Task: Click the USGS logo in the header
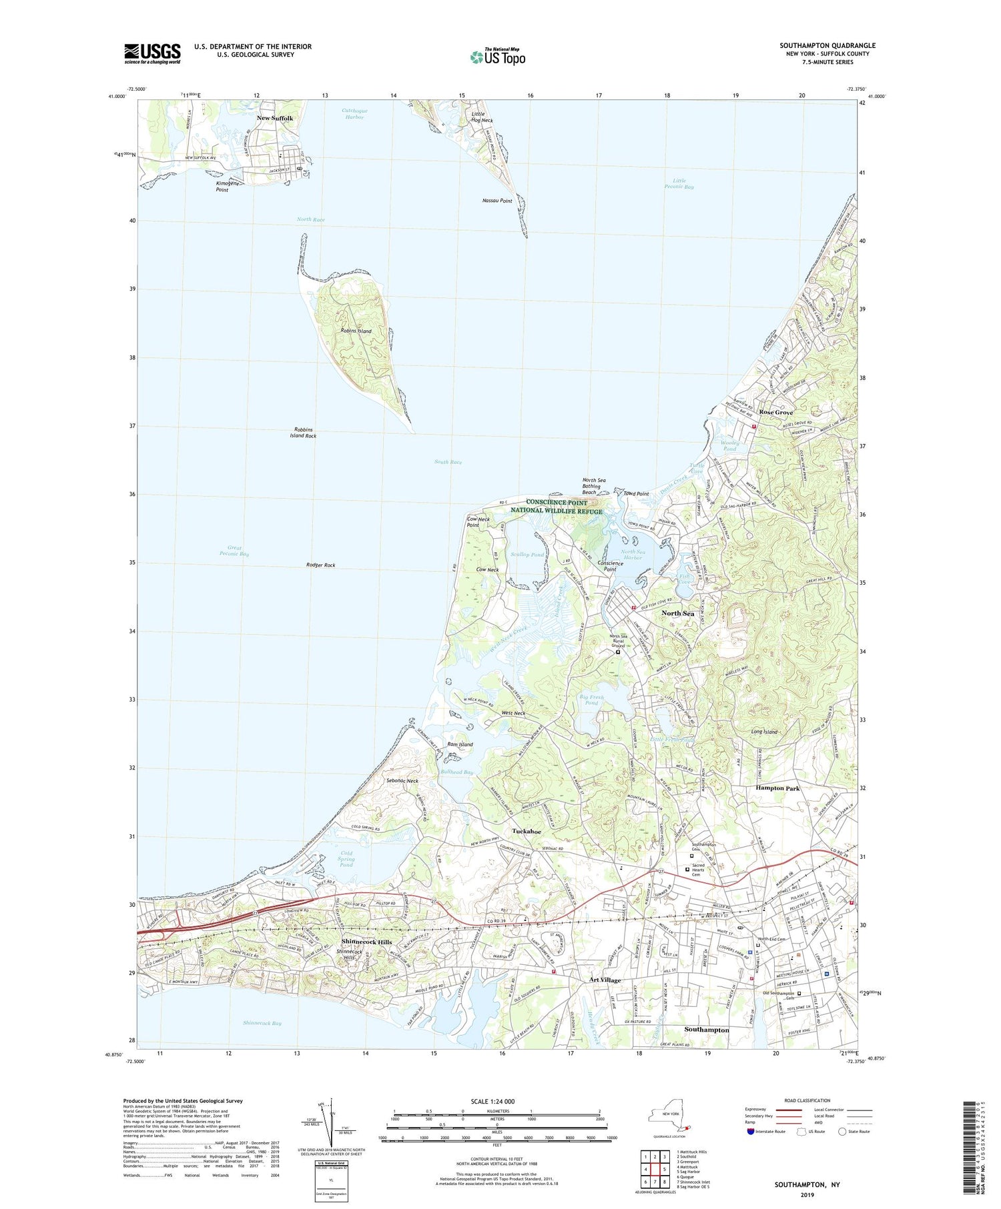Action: [x=152, y=53]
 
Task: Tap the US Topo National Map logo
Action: [x=497, y=57]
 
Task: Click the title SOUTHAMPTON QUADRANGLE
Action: [x=827, y=45]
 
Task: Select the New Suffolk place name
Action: [x=275, y=118]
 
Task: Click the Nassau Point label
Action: [x=497, y=201]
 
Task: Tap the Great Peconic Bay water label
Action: [x=234, y=551]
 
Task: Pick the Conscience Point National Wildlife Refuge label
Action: [x=557, y=507]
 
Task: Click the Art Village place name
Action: [x=605, y=980]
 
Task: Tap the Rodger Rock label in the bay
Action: [x=320, y=565]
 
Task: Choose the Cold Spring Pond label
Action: [x=346, y=859]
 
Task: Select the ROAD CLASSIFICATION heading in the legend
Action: [x=807, y=1100]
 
